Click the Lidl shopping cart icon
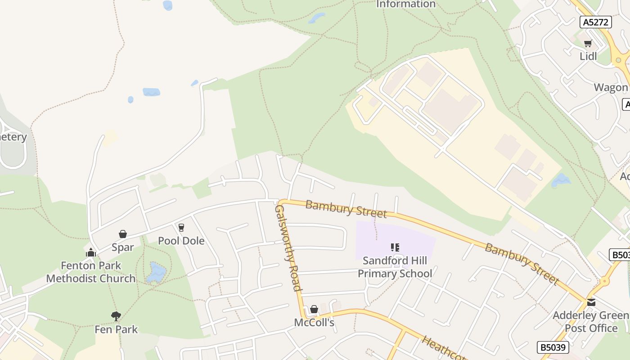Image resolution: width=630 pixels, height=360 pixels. pos(588,44)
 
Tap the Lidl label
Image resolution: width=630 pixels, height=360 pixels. pos(588,56)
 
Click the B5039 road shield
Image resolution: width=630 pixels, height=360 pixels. pos(553,347)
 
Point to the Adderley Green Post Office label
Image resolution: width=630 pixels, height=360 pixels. pos(591,321)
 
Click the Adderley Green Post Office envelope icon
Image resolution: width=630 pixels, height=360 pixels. pos(591,302)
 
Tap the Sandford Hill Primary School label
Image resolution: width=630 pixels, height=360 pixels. pos(395,267)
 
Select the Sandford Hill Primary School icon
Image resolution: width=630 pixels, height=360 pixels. pos(395,247)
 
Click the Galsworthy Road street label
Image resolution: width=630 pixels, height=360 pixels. pos(288,248)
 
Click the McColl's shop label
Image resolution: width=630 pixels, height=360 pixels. pos(314,323)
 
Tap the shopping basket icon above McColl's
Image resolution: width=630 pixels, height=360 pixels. pos(314,309)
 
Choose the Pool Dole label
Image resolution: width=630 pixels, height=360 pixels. pos(181,241)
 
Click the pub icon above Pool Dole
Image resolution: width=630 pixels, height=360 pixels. pos(181,228)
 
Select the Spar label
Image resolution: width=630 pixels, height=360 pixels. pos(123,247)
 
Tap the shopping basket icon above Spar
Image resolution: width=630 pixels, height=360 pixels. pos(122,234)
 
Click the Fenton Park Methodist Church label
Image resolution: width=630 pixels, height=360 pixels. pos(91,272)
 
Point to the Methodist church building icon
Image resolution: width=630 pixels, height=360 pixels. pos(91,252)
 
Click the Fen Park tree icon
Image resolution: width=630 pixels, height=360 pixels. pos(116,316)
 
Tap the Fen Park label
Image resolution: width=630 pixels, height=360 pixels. pos(116,329)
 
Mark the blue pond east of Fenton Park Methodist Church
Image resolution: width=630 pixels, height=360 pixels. pos(156,273)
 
